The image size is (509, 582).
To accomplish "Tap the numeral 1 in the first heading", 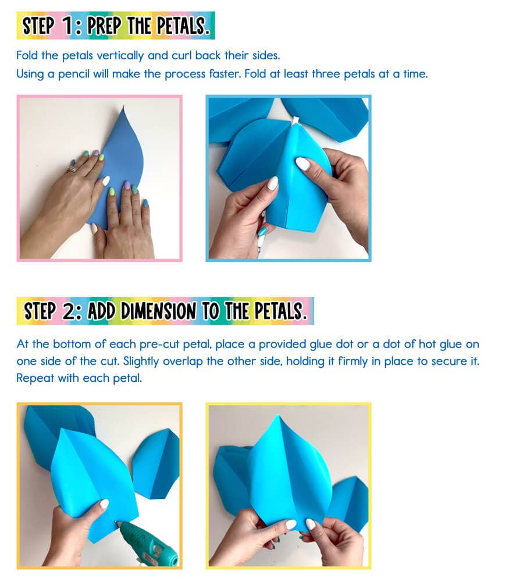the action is tap(68, 26).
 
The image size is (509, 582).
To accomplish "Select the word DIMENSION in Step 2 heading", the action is tap(158, 311).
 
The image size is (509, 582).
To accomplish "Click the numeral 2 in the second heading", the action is tap(70, 311).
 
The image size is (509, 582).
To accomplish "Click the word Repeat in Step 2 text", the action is tap(35, 378).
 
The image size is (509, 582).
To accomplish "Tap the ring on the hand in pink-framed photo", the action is tap(71, 169).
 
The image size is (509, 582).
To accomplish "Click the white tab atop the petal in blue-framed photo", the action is tap(295, 121).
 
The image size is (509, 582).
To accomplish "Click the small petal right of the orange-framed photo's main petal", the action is tap(156, 463).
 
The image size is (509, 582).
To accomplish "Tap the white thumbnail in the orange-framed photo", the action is tap(104, 504).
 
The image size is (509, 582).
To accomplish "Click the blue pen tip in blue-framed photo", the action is tap(262, 232).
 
